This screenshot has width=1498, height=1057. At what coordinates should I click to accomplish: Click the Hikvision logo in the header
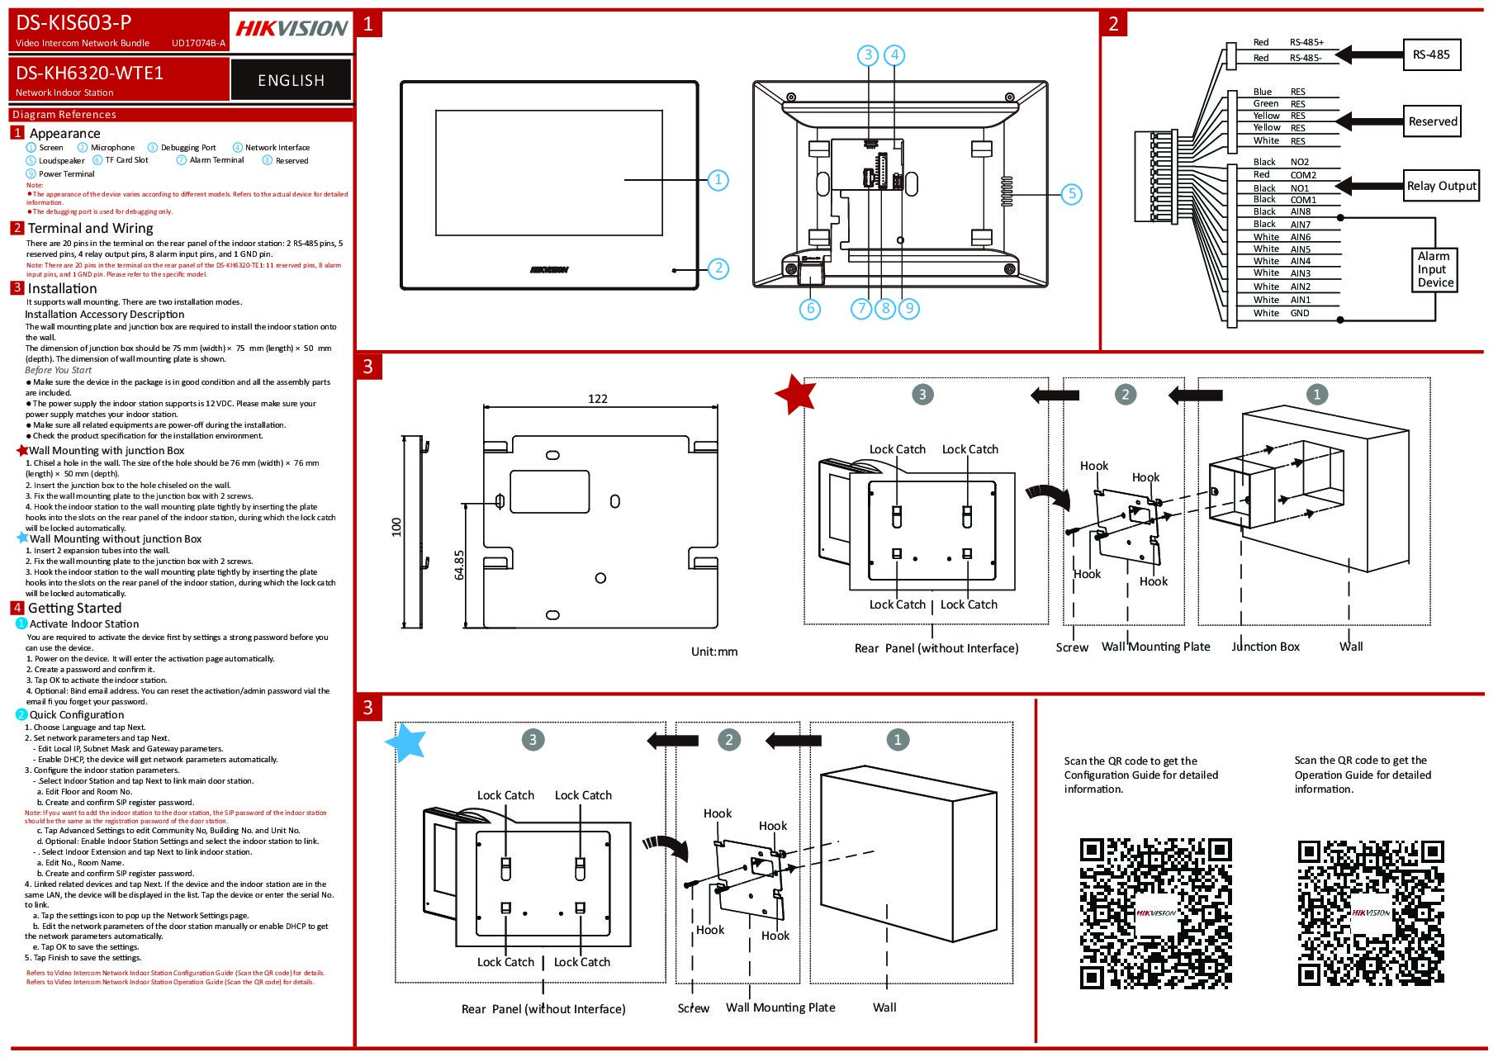point(292,29)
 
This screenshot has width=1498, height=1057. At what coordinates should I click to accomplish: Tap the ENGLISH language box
point(291,80)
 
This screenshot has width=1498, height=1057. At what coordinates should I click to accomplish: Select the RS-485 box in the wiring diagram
point(1431,55)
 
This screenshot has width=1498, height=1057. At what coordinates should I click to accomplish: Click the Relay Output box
point(1441,186)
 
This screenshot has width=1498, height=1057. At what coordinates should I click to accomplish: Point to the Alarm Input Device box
point(1435,269)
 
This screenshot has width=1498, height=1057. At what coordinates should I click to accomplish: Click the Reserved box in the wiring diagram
point(1433,121)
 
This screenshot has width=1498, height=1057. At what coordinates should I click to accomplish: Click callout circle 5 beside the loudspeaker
point(1071,194)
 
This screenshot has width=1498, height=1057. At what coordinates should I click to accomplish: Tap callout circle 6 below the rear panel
point(810,309)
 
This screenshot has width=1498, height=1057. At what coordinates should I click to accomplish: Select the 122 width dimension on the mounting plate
point(598,399)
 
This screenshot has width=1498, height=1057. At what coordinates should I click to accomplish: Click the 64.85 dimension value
point(460,565)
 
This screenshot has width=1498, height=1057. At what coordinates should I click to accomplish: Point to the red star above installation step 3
point(796,394)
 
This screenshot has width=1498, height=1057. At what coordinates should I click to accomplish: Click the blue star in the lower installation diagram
point(406,742)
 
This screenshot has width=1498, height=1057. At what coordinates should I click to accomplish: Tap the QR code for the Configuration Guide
point(1155,912)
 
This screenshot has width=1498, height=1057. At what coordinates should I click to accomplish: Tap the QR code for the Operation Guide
point(1371,912)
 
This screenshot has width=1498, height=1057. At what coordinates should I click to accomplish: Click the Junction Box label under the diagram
point(1265,647)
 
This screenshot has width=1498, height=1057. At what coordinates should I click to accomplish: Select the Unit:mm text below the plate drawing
point(714,652)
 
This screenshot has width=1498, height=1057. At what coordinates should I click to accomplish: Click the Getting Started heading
point(74,609)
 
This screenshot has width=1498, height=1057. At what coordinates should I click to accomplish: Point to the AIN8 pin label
point(1300,211)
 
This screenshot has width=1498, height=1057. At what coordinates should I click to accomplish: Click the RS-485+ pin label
point(1306,42)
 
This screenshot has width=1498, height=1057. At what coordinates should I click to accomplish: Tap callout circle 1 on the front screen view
point(718,179)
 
